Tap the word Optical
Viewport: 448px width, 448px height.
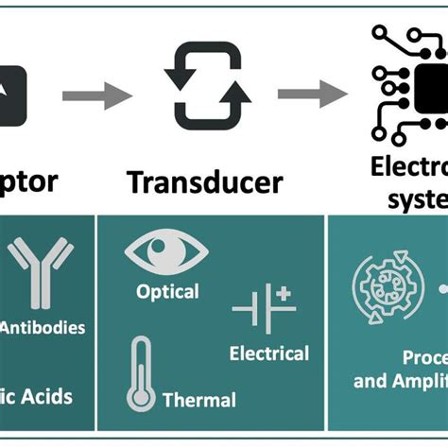click(167, 291)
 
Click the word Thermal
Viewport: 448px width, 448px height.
click(198, 400)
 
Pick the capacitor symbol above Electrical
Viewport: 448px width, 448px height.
click(264, 309)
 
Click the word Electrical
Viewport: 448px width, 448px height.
click(269, 353)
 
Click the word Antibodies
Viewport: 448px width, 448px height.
click(43, 328)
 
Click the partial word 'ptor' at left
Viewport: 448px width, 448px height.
click(28, 180)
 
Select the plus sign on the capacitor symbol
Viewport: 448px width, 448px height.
click(284, 295)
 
